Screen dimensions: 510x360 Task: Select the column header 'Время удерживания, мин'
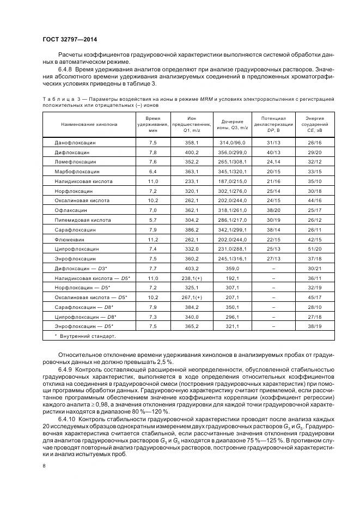coord(153,124)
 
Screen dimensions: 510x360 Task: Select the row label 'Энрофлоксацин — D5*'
coord(82,326)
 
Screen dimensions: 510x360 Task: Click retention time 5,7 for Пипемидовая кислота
coord(153,220)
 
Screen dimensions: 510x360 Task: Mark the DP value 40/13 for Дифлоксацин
coord(273,152)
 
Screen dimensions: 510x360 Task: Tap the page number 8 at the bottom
coord(44,465)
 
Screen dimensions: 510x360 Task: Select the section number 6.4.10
coord(66,419)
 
